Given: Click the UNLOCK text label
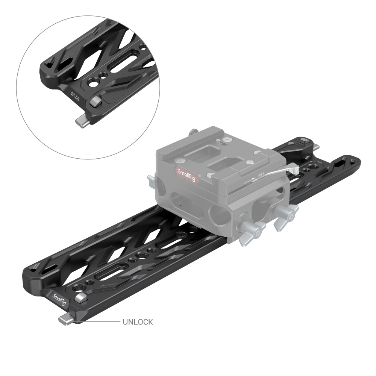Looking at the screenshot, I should point(138,322).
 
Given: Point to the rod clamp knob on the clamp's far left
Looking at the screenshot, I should point(151,178).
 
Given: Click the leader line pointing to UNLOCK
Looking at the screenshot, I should point(98,322).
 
